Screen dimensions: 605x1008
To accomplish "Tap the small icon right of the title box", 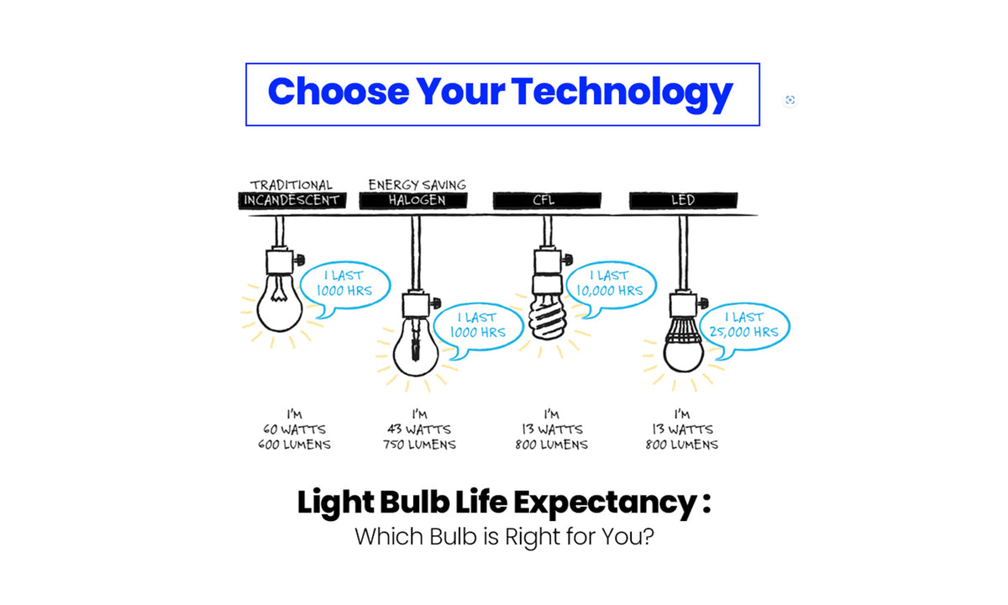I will (790, 100).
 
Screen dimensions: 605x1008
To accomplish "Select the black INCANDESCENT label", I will (291, 200).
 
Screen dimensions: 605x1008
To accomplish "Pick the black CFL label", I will (547, 200).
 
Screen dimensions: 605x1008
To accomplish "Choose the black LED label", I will (683, 200).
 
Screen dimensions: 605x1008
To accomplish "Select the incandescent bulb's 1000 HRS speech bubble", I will (344, 284).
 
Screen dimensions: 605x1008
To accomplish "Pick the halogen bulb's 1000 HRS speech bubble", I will (481, 326).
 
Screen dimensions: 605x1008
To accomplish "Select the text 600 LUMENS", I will (294, 445).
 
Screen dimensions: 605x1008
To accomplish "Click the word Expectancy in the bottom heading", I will (600, 503).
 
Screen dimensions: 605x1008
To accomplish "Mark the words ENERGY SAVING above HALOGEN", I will (417, 184).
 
